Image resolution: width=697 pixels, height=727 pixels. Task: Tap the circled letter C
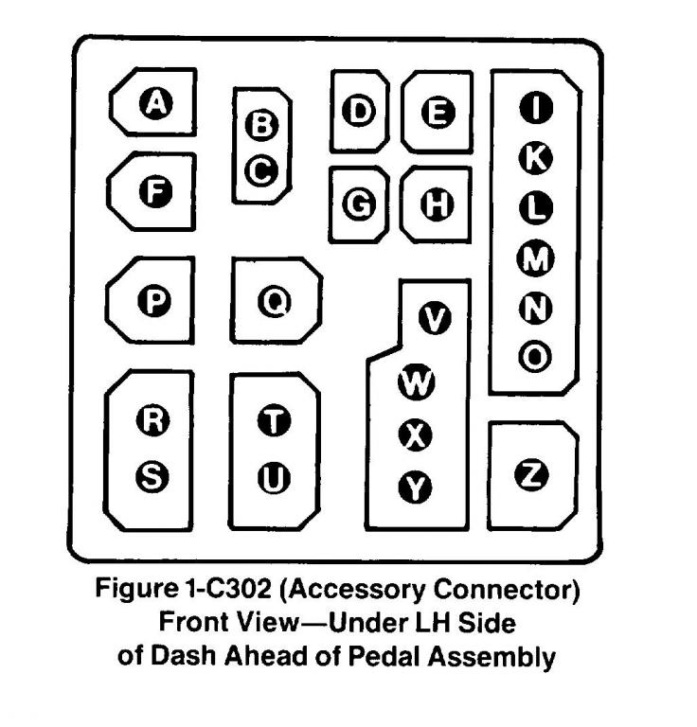[x=260, y=171]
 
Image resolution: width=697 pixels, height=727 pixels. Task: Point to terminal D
[x=359, y=112]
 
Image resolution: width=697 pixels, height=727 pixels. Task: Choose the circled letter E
[x=438, y=112]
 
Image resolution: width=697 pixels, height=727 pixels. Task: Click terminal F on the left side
[x=155, y=193]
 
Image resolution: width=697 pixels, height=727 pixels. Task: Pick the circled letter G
[x=359, y=204]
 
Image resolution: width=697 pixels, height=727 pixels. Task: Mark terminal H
[x=438, y=204]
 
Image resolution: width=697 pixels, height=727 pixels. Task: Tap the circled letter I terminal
[x=536, y=109]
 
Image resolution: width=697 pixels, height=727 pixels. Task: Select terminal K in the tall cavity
[x=536, y=161]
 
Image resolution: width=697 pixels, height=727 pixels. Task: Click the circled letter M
[x=536, y=256]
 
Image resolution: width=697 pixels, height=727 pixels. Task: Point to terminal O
[x=536, y=356]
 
